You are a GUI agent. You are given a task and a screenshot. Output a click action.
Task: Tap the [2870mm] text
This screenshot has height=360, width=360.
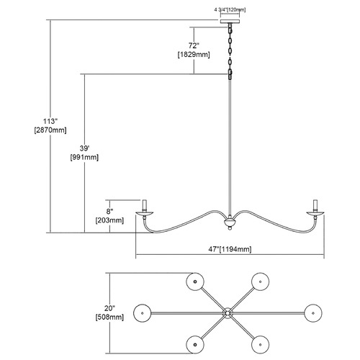click(50, 130)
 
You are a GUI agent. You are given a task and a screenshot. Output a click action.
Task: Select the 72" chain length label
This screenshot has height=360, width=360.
click(194, 45)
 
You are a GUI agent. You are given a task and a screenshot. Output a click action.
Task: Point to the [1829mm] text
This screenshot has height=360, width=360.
click(194, 55)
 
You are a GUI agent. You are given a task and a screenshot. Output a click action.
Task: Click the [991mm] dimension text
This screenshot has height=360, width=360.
click(84, 158)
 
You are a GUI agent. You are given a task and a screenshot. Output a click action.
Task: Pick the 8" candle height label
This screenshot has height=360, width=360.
click(109, 212)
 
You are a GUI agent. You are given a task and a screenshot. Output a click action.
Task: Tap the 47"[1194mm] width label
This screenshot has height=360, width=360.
click(230, 249)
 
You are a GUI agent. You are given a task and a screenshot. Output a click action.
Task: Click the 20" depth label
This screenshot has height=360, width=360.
click(109, 308)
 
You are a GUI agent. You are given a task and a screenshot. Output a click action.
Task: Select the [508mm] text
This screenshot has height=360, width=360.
click(109, 318)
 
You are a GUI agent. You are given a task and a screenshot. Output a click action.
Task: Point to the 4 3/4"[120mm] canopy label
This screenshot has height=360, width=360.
click(230, 10)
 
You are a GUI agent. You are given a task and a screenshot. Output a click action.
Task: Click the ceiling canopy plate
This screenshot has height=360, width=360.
click(230, 22)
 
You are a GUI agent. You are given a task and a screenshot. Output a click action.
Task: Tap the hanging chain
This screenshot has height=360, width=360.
click(230, 51)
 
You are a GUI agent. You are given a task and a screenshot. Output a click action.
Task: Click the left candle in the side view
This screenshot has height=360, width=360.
click(145, 206)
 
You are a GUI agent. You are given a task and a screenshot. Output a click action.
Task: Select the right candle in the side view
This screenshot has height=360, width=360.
click(315, 206)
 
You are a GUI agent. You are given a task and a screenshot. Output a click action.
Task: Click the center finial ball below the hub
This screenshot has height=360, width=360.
click(230, 229)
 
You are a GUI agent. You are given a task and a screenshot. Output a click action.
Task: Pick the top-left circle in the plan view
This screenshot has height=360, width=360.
click(195, 282)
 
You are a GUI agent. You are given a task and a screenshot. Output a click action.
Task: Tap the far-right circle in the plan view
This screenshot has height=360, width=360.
click(313, 313)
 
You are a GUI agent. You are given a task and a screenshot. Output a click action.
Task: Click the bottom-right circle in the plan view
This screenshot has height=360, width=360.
click(261, 345)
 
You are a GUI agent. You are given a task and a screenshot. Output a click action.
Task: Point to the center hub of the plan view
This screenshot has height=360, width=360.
click(228, 313)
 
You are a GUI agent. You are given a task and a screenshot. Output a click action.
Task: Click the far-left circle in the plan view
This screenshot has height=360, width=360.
click(143, 313)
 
